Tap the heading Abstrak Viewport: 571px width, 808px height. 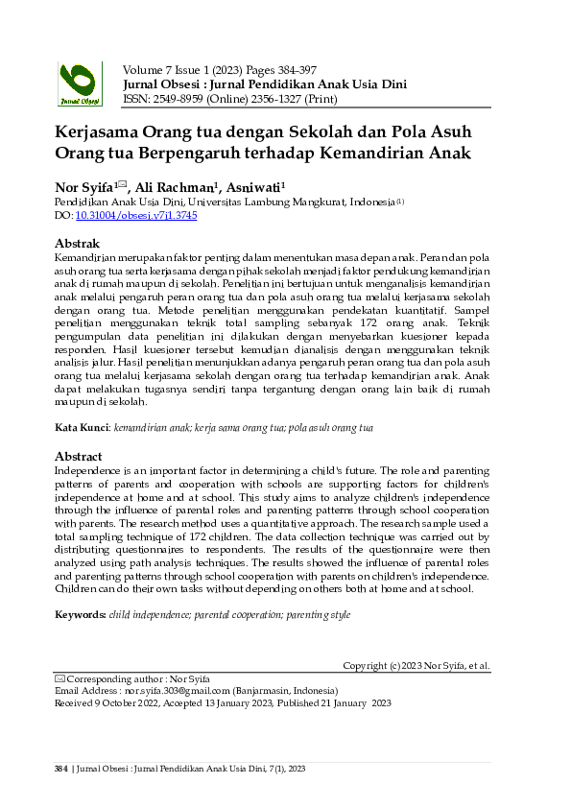(78, 244)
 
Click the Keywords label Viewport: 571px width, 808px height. (81, 611)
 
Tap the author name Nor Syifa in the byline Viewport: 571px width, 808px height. (85, 188)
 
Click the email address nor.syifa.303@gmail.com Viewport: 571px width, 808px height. (178, 690)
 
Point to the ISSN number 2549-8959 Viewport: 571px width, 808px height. (176, 99)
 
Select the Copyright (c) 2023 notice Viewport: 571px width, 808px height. (416, 665)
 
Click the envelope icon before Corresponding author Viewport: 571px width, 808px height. (59, 677)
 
